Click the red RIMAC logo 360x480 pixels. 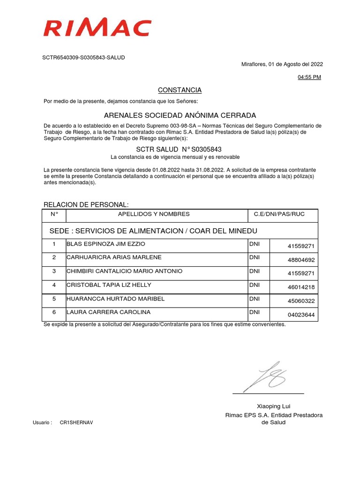click(97, 28)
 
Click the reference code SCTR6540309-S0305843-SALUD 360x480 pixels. click(84, 58)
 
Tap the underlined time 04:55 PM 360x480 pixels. click(309, 77)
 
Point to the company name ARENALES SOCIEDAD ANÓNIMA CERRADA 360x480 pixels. click(180, 115)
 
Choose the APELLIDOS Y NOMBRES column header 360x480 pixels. click(154, 214)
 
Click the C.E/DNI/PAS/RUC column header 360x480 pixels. click(279, 214)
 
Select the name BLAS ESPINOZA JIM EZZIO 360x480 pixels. click(106, 244)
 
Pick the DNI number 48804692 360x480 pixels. click(301, 260)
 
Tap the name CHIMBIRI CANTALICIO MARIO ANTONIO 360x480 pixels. click(125, 271)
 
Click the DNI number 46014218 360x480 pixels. click(301, 287)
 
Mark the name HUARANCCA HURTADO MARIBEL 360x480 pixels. click(116, 299)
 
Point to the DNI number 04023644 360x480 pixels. click(301, 315)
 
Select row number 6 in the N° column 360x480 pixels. click(54, 312)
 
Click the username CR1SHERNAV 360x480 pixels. click(76, 423)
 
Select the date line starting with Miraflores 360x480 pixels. click(282, 65)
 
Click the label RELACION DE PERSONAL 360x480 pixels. click(86, 205)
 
